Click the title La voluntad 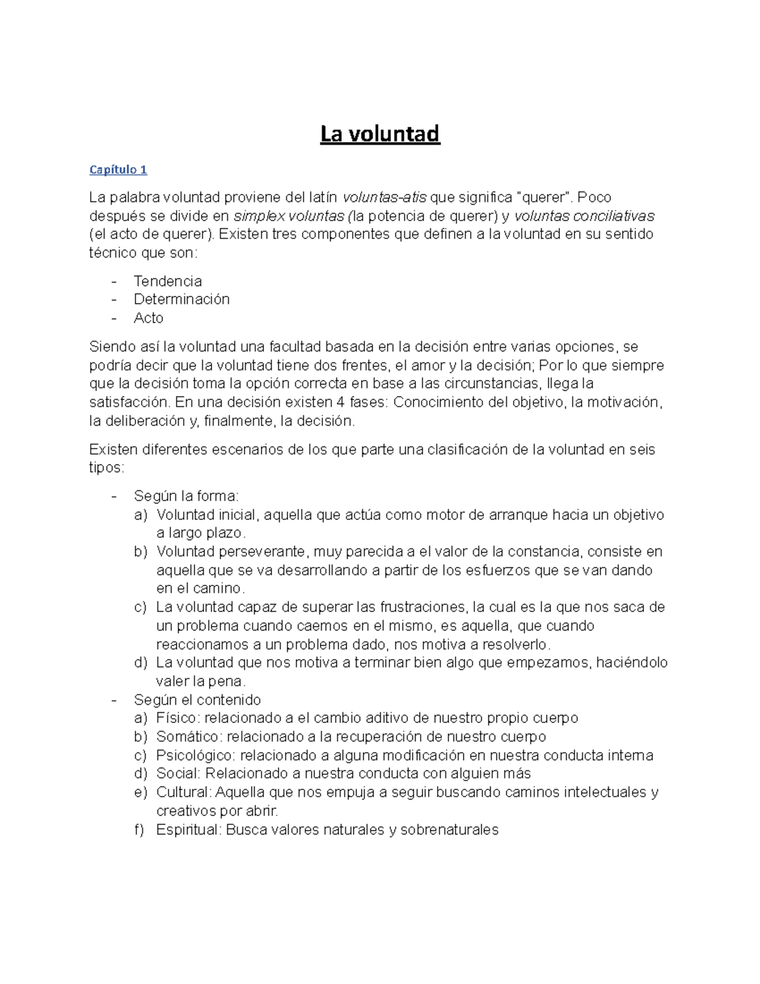(379, 134)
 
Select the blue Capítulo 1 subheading (118, 169)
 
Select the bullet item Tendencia (168, 281)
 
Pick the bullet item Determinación (181, 299)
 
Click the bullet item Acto (148, 317)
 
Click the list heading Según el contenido (197, 700)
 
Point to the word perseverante (260, 551)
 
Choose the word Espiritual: (188, 829)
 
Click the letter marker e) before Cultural (141, 792)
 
